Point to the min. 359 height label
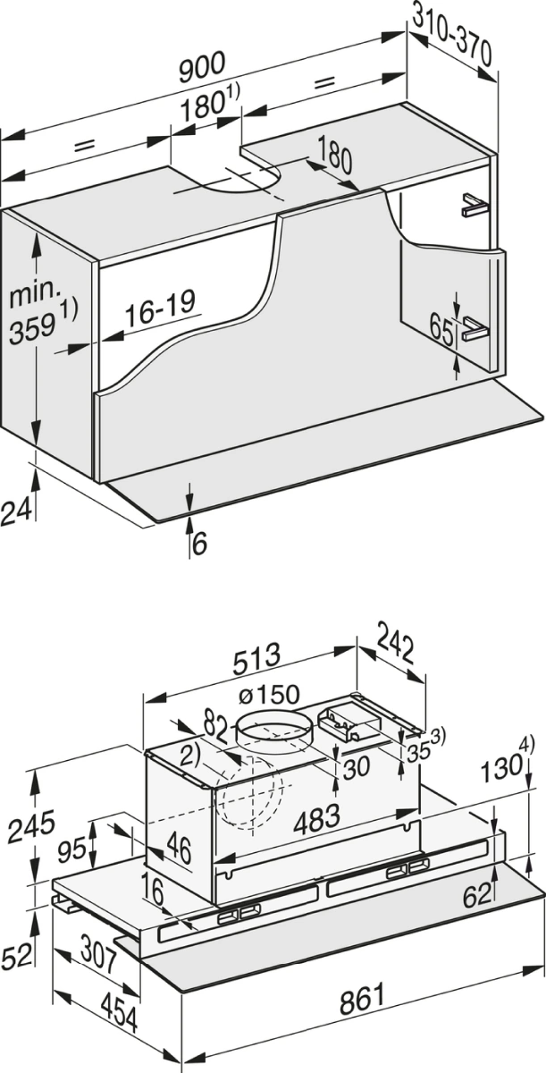[x=42, y=313]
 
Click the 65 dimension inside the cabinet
[x=441, y=330]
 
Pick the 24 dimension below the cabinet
[x=16, y=511]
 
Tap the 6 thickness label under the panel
[x=199, y=544]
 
